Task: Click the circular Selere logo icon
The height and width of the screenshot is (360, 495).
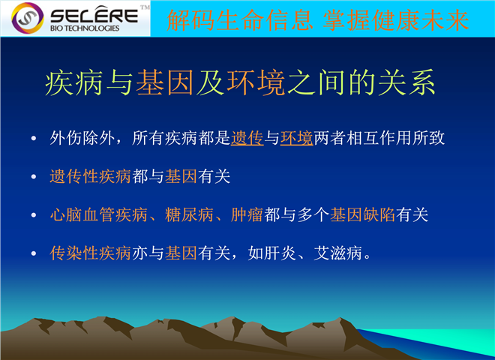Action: click(28, 18)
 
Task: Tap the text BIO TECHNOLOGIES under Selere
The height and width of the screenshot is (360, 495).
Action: click(85, 28)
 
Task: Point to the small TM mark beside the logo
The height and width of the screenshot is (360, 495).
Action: click(145, 7)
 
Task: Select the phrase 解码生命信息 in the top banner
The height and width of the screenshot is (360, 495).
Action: click(239, 20)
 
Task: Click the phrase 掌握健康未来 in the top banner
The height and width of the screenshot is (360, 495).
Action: click(395, 20)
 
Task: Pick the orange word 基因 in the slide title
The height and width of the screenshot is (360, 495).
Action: click(165, 82)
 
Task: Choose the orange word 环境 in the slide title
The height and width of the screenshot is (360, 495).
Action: click(256, 82)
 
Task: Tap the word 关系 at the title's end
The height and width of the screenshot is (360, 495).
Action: click(407, 82)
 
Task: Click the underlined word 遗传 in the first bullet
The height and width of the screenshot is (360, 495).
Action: click(247, 138)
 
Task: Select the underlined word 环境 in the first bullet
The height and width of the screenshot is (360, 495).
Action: click(297, 138)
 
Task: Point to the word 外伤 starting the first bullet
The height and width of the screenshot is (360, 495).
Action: click(66, 138)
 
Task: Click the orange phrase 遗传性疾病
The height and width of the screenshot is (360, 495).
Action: click(90, 176)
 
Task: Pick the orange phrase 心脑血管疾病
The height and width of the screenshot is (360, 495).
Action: click(98, 214)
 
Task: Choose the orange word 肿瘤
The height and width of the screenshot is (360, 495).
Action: click(247, 214)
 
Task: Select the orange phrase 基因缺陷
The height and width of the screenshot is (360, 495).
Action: click(363, 214)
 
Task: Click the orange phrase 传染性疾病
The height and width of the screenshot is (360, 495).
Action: click(90, 253)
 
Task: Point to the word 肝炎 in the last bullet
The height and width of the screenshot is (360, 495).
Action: click(280, 253)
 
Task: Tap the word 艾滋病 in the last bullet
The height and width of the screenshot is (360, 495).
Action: click(337, 253)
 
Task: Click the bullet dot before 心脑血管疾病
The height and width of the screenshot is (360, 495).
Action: click(34, 215)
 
